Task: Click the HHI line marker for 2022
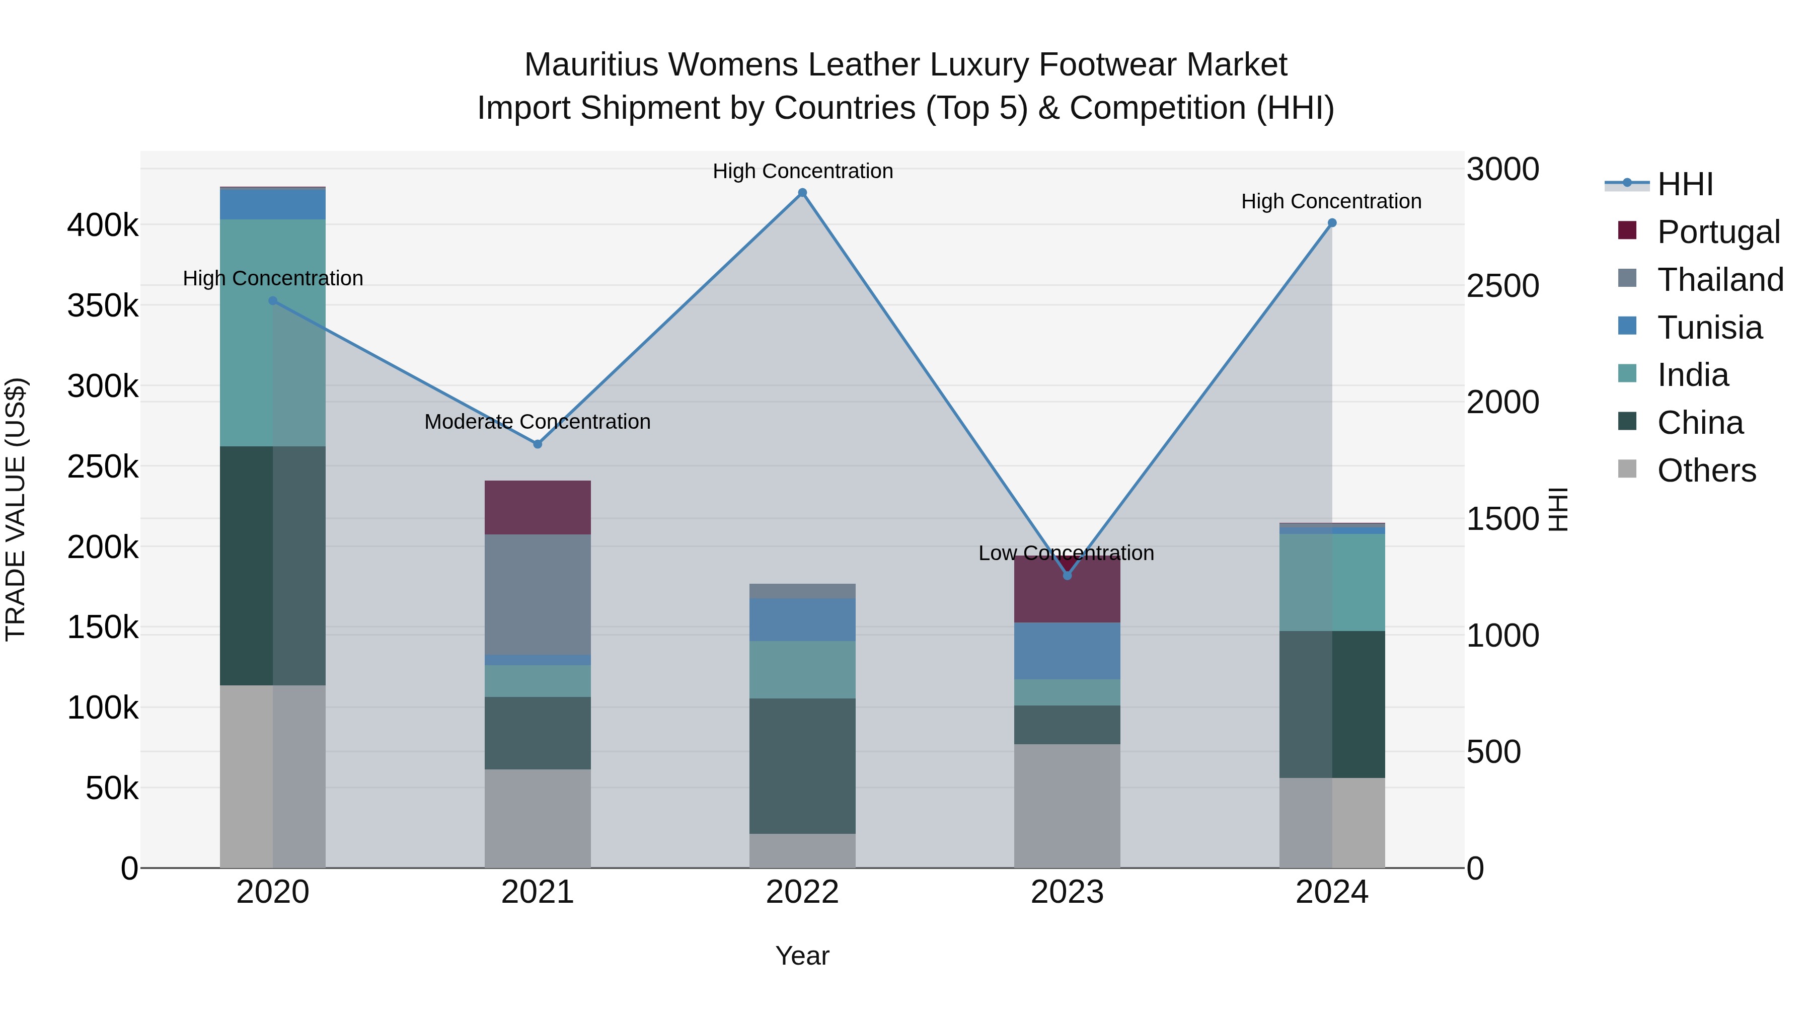[x=802, y=193]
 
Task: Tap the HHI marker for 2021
[x=538, y=444]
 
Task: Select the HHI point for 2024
[x=1331, y=223]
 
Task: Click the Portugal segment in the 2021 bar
[x=538, y=507]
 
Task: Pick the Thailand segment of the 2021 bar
[x=538, y=594]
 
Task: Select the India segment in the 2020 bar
[x=273, y=332]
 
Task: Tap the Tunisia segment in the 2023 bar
[x=1067, y=651]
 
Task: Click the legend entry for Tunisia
[x=1709, y=328]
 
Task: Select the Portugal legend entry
[x=1718, y=232]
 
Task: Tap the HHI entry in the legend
[x=1685, y=184]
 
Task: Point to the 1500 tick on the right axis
[x=1502, y=519]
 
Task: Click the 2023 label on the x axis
[x=1067, y=892]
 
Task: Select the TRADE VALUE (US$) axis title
[x=16, y=509]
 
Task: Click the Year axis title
[x=802, y=956]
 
